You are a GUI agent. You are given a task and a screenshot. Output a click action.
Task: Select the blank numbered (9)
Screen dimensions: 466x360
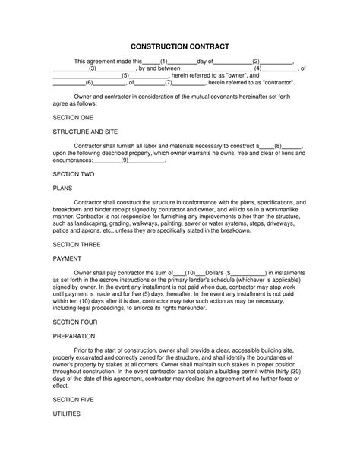(125, 160)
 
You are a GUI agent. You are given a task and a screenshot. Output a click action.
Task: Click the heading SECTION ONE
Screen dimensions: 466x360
(73, 118)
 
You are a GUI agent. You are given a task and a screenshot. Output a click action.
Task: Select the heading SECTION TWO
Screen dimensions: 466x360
(73, 173)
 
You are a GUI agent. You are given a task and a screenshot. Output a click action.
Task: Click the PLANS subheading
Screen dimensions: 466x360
(62, 188)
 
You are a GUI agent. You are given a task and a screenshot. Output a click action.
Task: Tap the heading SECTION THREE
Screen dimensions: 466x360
(77, 244)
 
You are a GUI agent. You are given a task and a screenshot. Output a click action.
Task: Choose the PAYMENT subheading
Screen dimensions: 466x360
(68, 258)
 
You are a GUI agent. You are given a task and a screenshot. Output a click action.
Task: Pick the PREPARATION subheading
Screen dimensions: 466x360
(74, 335)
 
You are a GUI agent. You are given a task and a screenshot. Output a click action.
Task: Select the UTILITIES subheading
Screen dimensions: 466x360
(68, 414)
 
